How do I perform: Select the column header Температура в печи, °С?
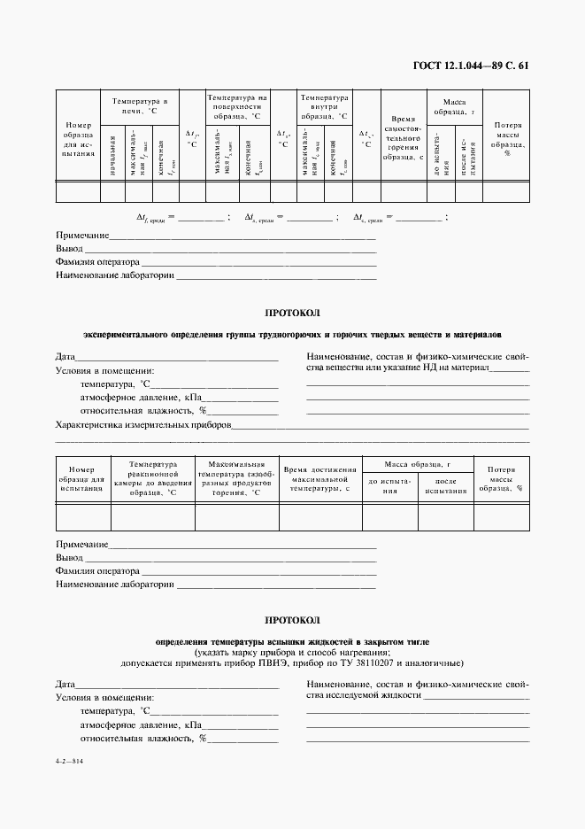(140, 106)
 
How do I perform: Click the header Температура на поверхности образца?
(237, 106)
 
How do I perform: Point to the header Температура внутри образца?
(324, 106)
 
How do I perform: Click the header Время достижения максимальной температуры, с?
(319, 478)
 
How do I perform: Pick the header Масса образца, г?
(423, 464)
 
